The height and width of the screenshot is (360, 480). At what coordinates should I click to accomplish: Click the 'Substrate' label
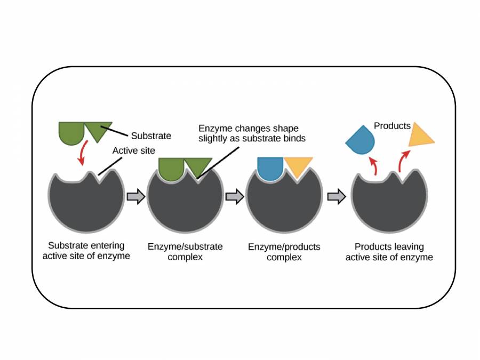pos(151,136)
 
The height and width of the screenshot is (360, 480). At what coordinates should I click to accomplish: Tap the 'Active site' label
pos(133,151)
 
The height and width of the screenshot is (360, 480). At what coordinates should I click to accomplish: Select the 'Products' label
pos(392,126)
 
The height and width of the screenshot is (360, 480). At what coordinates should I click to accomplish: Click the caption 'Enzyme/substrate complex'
pos(185,252)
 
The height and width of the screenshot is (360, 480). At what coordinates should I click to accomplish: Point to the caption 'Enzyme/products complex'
pos(284,252)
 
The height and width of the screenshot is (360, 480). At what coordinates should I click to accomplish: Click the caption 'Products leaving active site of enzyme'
pos(389,252)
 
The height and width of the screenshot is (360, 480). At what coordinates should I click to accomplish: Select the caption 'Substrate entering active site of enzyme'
pos(86,251)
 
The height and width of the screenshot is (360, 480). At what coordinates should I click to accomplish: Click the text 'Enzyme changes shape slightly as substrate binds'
pos(249,133)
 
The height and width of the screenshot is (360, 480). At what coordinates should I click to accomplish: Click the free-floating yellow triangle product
pos(420,137)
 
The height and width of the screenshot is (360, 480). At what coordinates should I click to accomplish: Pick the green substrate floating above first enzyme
pos(83,131)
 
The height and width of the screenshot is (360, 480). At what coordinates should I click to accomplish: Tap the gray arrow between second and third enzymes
pos(235,197)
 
